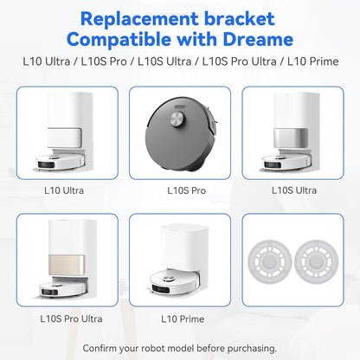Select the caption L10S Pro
tap(179, 190)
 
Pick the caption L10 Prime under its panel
tap(179, 318)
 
